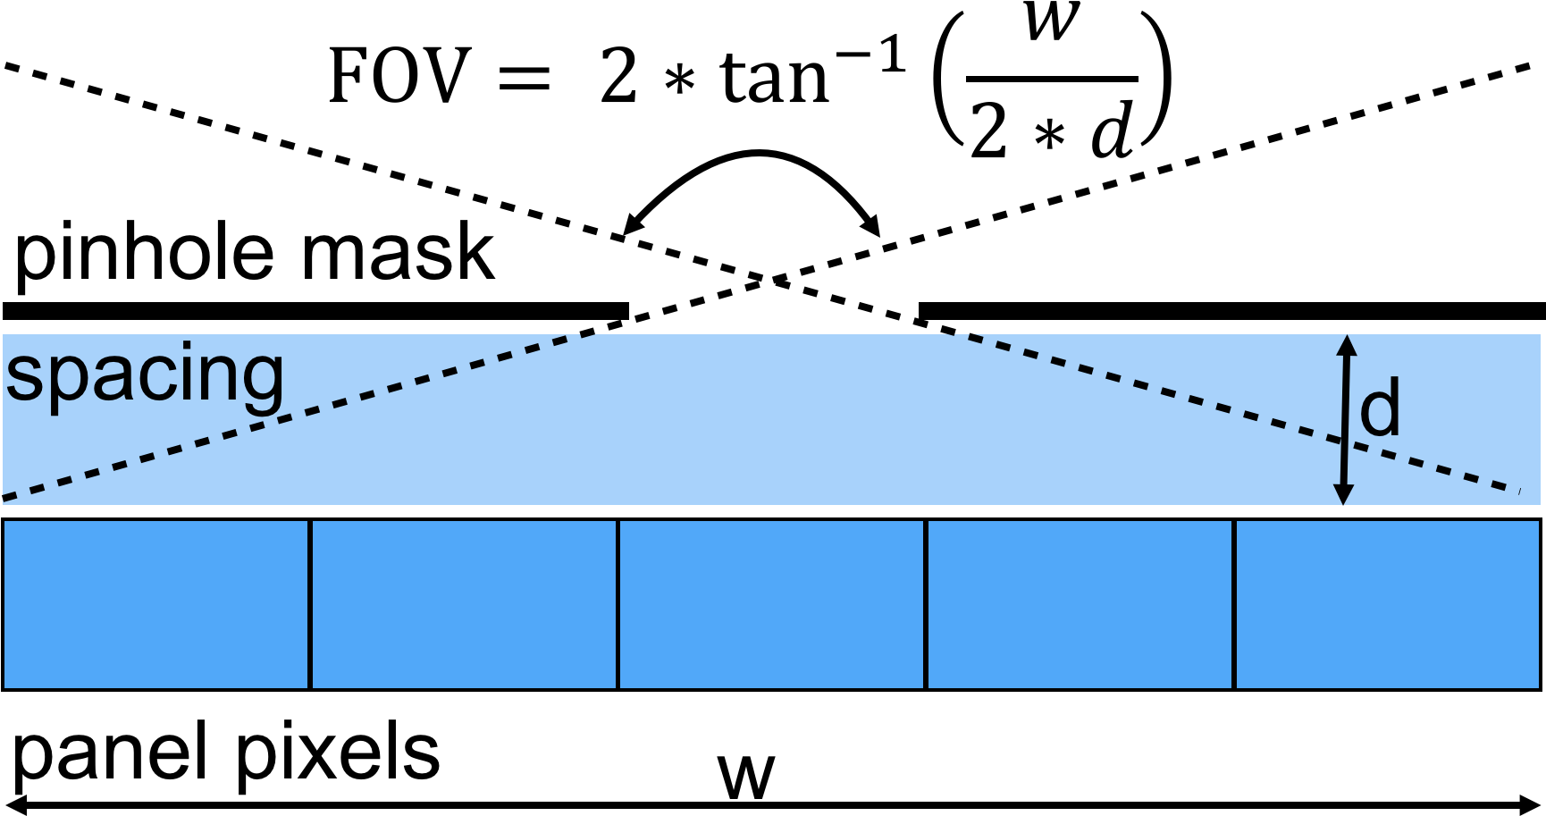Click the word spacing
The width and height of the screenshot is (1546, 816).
[145, 375]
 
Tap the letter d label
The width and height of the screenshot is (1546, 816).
[1380, 408]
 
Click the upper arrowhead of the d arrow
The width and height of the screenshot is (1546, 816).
[1347, 344]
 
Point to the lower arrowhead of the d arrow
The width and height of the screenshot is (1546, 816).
[1343, 494]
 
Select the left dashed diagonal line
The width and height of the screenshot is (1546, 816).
[295, 415]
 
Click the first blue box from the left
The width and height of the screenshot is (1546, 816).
[155, 604]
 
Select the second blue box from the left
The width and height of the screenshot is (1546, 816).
[464, 604]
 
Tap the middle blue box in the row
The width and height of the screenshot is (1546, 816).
[771, 604]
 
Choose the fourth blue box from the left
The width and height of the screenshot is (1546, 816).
[1080, 604]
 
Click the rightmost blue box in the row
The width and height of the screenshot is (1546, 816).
[1387, 604]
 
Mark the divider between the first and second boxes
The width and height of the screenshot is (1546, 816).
[309, 604]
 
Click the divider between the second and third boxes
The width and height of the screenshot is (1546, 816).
[618, 604]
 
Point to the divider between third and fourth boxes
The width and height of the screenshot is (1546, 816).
[926, 604]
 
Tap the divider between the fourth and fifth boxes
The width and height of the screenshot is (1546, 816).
[1233, 604]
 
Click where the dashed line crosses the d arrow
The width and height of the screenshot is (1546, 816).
[1344, 441]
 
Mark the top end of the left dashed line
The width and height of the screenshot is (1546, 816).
[592, 335]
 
